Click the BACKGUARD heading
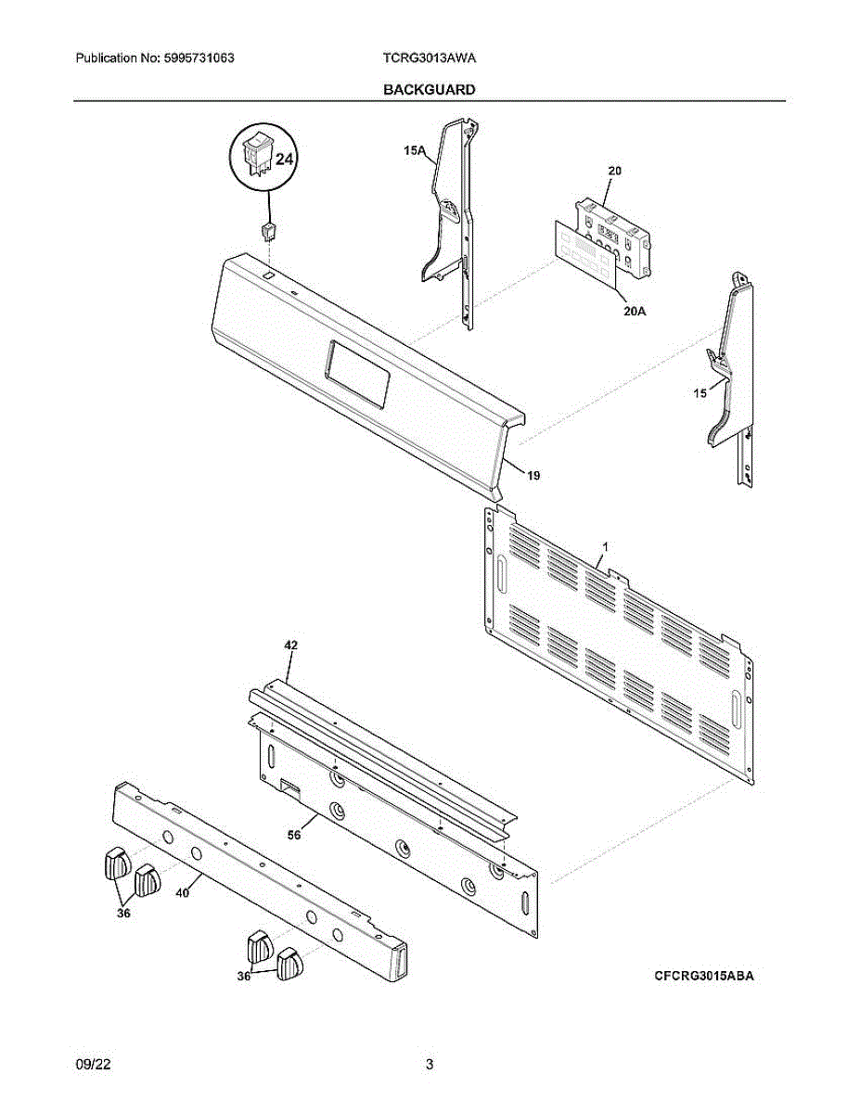coord(430,89)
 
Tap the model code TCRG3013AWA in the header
coord(430,58)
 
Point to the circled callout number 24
coord(283,159)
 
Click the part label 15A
coord(414,148)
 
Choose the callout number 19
coord(533,475)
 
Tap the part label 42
coord(290,644)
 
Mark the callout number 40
coord(182,893)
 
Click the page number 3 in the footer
coord(430,1065)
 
